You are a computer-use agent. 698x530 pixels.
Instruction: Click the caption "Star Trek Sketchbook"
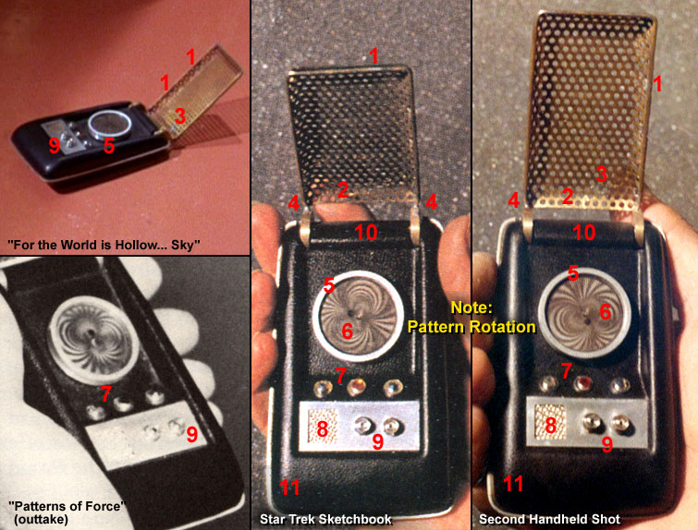(x=325, y=519)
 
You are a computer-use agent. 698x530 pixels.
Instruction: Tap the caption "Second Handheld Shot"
(x=549, y=519)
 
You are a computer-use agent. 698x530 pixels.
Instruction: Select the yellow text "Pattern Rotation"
(x=471, y=327)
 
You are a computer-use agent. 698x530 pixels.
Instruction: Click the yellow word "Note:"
(x=471, y=307)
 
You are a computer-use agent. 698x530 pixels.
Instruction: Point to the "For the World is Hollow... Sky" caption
(x=104, y=245)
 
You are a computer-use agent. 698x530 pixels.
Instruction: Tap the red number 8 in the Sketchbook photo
(x=322, y=428)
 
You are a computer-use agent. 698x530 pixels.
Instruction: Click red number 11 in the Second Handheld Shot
(x=513, y=484)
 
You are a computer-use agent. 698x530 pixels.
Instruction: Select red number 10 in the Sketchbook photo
(x=366, y=233)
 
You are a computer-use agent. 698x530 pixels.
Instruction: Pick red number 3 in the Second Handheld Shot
(x=602, y=175)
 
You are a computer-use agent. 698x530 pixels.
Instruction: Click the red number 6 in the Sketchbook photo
(x=348, y=331)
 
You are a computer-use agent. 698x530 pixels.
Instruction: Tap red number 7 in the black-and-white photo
(x=105, y=393)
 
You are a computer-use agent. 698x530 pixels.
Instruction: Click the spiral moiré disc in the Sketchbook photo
(x=359, y=317)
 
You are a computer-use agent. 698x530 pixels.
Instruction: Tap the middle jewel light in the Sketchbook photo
(x=356, y=387)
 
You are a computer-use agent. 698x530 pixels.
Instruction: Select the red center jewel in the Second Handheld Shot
(x=582, y=383)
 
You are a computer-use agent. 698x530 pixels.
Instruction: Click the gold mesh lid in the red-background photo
(x=195, y=91)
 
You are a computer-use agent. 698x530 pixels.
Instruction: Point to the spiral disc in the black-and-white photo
(x=92, y=340)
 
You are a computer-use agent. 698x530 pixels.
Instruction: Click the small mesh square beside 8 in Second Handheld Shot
(x=550, y=422)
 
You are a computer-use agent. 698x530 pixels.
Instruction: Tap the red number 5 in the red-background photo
(x=109, y=146)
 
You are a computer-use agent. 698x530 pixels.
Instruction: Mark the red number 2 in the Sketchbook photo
(x=342, y=190)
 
